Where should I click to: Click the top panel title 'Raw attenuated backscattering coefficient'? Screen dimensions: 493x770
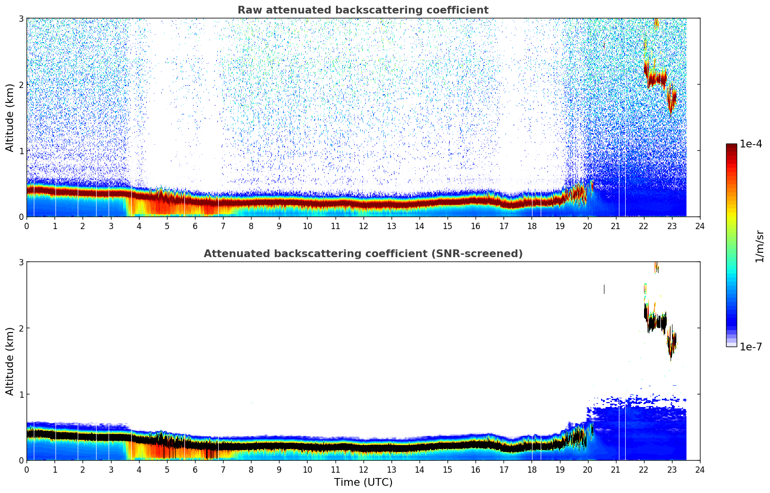tap(363, 10)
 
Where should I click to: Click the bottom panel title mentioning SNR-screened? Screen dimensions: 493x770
tap(363, 254)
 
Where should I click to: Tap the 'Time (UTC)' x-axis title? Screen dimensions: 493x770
tap(363, 482)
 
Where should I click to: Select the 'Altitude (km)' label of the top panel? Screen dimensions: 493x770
tap(10, 117)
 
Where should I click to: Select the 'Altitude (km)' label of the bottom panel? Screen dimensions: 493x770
tap(10, 361)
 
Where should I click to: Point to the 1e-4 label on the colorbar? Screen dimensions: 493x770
tap(751, 144)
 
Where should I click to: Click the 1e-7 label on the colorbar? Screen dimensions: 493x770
tap(751, 347)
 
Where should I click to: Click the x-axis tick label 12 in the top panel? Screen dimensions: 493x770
tap(363, 226)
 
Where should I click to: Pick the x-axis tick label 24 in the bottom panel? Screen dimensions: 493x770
tap(700, 470)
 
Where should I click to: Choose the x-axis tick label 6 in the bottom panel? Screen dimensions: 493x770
tap(195, 470)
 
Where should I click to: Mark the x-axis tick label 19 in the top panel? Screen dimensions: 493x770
tap(560, 226)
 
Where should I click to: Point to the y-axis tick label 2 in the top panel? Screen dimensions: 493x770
tap(21, 85)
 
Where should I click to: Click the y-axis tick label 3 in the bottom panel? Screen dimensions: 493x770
tap(21, 262)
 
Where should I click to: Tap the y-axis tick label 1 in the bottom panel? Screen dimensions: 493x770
tap(21, 394)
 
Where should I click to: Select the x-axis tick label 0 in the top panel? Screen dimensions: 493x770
tap(27, 226)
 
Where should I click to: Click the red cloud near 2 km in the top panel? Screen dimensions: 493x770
tap(657, 77)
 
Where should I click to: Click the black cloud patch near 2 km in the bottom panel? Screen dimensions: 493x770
tap(657, 322)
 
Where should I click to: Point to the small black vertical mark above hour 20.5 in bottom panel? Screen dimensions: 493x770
tap(604, 289)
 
